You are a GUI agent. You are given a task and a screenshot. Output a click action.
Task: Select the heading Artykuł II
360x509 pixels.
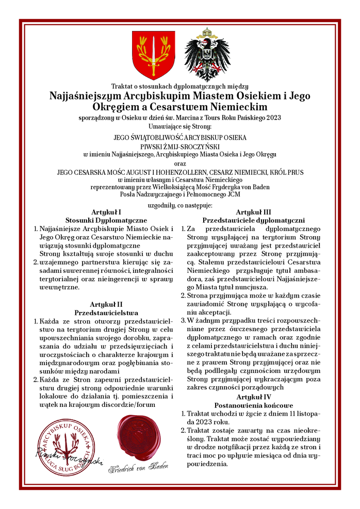(106, 304)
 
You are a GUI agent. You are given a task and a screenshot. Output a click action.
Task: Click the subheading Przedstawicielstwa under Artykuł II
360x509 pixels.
(106, 313)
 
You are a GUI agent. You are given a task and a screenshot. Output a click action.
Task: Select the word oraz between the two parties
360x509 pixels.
(180, 163)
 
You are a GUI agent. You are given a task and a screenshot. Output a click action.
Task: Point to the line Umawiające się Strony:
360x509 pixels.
(180, 126)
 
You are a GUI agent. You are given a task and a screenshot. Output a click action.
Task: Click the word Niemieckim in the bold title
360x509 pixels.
(239, 107)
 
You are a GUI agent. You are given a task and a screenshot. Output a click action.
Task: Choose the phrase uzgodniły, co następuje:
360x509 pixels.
(180, 205)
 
